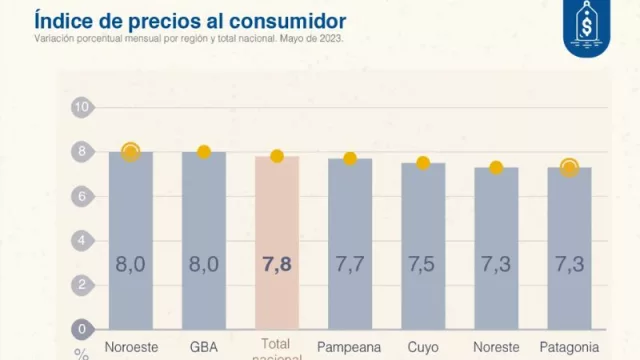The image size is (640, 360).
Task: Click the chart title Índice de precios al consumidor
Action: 191,20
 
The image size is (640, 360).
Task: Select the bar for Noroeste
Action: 131,240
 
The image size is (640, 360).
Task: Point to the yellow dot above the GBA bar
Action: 204,152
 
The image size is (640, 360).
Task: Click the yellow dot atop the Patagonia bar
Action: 569,167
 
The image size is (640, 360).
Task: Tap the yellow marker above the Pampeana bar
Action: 350,158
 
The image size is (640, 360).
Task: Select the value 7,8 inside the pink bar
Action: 277,265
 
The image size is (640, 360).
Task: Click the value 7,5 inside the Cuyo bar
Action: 423,265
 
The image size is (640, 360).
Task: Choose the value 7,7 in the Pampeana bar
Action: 350,265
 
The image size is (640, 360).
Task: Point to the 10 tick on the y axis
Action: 82,107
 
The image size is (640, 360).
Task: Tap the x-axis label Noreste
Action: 496,347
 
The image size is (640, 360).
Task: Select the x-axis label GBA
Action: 204,347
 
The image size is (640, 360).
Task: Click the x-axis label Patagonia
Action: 569,347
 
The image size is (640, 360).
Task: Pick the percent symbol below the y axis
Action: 80,353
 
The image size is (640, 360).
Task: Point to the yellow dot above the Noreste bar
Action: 496,167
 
